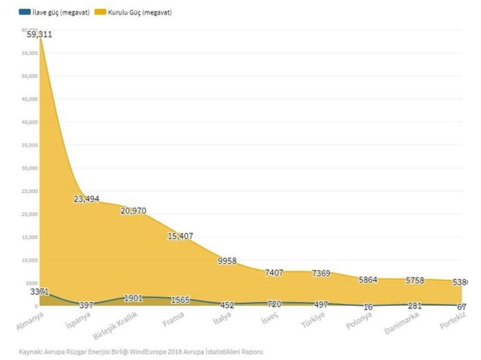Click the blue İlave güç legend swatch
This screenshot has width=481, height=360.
[x=24, y=12]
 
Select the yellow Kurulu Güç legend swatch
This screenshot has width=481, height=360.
[x=100, y=12]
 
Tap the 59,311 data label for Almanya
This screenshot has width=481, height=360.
[x=39, y=34]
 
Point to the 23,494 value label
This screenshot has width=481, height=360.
[x=86, y=199]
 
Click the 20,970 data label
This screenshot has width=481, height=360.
[x=133, y=211]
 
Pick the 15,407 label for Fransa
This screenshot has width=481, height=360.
[x=180, y=236]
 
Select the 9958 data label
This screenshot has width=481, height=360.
[x=227, y=261]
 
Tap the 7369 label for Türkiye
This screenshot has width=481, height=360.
[x=321, y=274]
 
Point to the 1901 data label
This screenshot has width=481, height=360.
[x=133, y=298]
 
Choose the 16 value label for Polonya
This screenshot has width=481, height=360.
[x=368, y=307]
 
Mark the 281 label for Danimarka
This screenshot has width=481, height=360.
[x=415, y=305]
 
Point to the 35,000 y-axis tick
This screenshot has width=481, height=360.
[x=30, y=145]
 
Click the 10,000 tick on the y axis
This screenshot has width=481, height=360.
[x=30, y=260]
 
